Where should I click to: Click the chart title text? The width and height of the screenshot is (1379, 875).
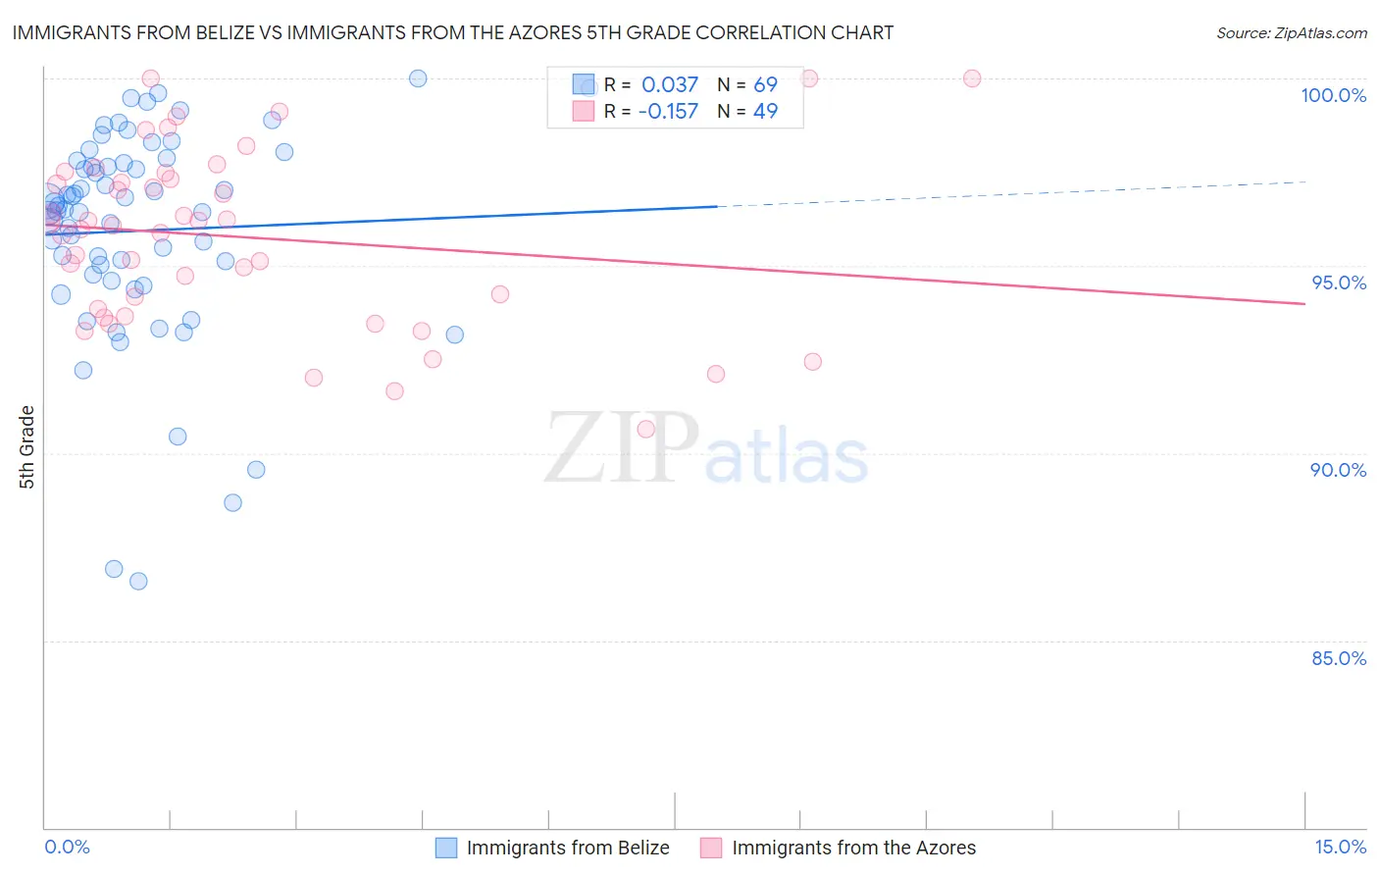(x=452, y=32)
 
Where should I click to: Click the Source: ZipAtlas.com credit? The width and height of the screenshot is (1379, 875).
(x=1291, y=32)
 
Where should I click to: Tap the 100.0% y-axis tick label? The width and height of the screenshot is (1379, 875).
(x=1333, y=95)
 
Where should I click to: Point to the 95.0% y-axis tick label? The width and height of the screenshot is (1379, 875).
(x=1339, y=283)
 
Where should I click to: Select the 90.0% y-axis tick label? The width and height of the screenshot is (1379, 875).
(x=1338, y=470)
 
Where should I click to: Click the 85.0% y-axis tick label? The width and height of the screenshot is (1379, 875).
(x=1339, y=658)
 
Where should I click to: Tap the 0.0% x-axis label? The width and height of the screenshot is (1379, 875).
(x=67, y=847)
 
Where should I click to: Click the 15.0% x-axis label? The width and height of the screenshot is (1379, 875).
(x=1340, y=847)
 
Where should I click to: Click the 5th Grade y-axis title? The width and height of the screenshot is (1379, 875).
(x=26, y=447)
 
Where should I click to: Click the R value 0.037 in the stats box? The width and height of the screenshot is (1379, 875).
(x=670, y=85)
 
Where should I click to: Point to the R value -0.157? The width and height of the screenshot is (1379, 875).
(x=668, y=112)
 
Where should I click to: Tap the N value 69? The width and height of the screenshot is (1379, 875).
(x=765, y=85)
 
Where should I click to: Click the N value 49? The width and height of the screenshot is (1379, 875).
(x=765, y=112)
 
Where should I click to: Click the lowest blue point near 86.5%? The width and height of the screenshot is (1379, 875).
(x=138, y=581)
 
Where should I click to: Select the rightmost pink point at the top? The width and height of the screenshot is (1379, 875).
(x=972, y=78)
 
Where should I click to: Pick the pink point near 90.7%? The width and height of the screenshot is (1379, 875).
(x=645, y=429)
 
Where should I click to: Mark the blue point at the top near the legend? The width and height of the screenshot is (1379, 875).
(x=418, y=78)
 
